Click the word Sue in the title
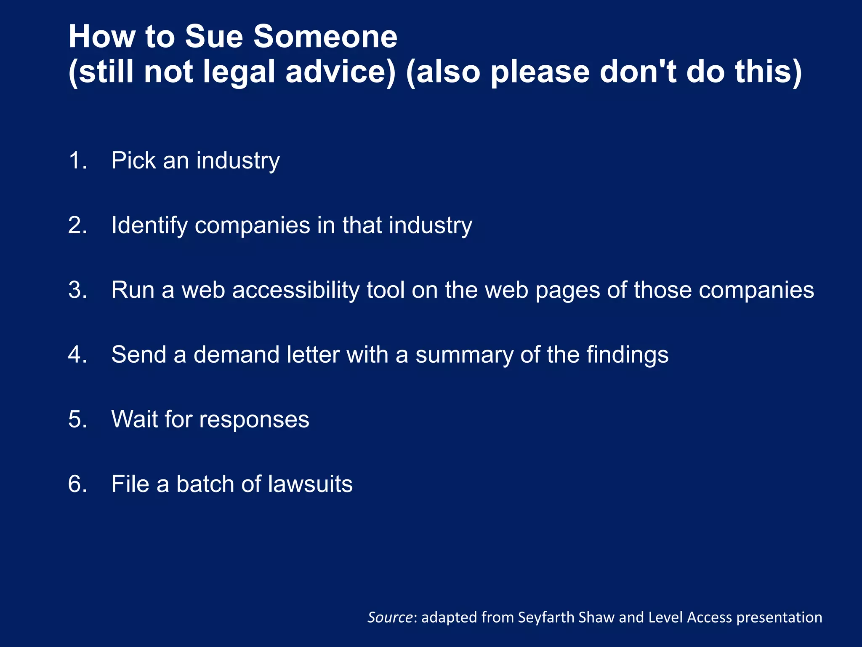point(214,37)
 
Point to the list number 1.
point(77,160)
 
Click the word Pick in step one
point(133,160)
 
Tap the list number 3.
point(77,290)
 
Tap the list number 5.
point(77,419)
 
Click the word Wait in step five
point(134,419)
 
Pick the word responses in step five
point(254,420)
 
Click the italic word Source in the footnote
point(390,617)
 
